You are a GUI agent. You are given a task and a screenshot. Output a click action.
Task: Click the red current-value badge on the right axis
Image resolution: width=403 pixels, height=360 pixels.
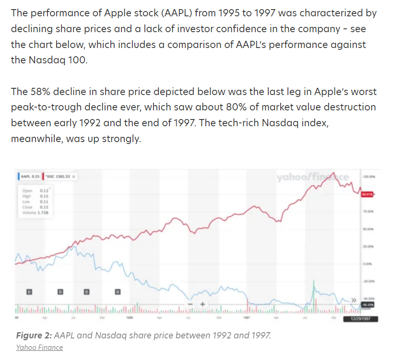[x=367, y=194]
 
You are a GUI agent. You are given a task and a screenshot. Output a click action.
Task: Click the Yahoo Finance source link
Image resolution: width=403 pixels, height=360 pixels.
[x=39, y=347]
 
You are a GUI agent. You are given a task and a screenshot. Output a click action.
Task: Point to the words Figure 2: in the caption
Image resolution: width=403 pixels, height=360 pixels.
[x=34, y=335]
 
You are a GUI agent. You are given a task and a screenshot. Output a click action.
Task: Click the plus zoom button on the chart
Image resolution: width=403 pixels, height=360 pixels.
[x=202, y=304]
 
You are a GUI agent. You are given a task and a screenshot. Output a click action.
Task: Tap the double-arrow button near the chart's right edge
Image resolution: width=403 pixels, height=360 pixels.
[x=354, y=300]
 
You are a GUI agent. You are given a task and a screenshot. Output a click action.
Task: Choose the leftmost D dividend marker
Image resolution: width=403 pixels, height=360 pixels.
[x=29, y=291]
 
